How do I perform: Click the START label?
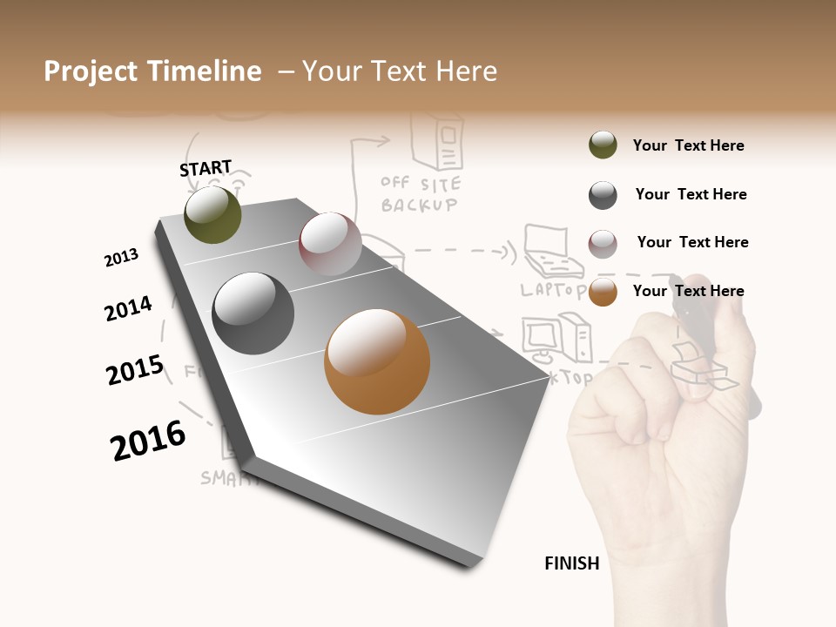pyautogui.click(x=206, y=168)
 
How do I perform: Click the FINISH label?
pyautogui.click(x=571, y=563)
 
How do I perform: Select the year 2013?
pyautogui.click(x=121, y=258)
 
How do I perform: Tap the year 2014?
pyautogui.click(x=128, y=309)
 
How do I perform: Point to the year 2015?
pyautogui.click(x=135, y=370)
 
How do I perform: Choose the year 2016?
pyautogui.click(x=148, y=441)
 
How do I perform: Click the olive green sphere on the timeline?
pyautogui.click(x=212, y=215)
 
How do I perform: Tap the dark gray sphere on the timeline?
pyautogui.click(x=253, y=313)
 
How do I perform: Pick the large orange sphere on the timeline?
pyautogui.click(x=377, y=361)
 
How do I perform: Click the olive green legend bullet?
pyautogui.click(x=603, y=145)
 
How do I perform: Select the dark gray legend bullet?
pyautogui.click(x=603, y=195)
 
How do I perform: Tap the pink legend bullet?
pyautogui.click(x=603, y=243)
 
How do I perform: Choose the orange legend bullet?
pyautogui.click(x=603, y=292)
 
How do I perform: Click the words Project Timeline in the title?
pyautogui.click(x=152, y=71)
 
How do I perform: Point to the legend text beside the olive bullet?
pyautogui.click(x=688, y=145)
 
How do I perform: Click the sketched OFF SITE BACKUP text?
pyautogui.click(x=420, y=194)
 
